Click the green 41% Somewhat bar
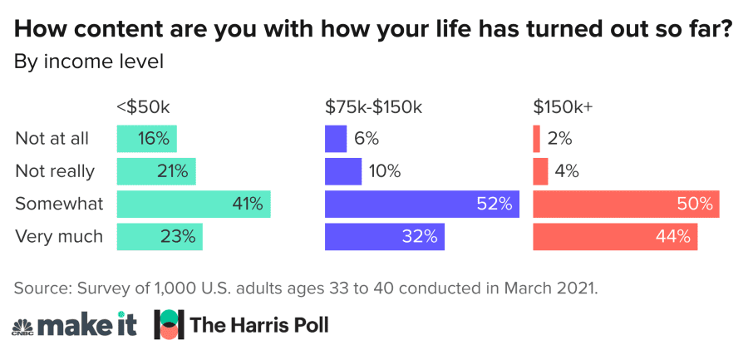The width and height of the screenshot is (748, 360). click(x=193, y=204)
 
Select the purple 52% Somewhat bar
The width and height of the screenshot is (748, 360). click(x=421, y=204)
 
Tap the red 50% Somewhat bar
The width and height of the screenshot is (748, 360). click(x=625, y=204)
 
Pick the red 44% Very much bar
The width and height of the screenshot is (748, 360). click(x=614, y=236)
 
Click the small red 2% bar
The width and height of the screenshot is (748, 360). click(x=537, y=138)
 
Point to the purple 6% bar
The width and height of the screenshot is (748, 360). click(x=336, y=138)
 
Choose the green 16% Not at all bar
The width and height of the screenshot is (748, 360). click(x=146, y=138)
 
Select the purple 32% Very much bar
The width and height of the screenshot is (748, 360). click(x=384, y=236)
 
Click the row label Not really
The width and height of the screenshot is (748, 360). click(x=55, y=171)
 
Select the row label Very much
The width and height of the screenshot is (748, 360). click(x=59, y=236)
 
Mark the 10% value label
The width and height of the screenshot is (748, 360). click(x=385, y=171)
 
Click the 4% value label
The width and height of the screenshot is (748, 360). click(x=567, y=171)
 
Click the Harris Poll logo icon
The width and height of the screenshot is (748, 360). click(x=169, y=324)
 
